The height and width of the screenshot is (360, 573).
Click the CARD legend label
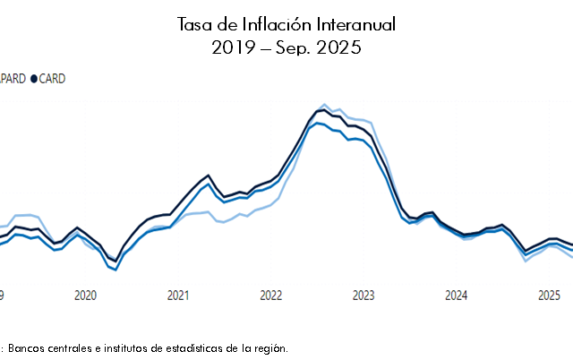tap(52, 79)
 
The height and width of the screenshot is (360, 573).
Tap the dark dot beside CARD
tap(34, 79)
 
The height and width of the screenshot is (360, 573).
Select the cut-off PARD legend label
tap(13, 79)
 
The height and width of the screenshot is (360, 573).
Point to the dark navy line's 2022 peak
tap(321, 110)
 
